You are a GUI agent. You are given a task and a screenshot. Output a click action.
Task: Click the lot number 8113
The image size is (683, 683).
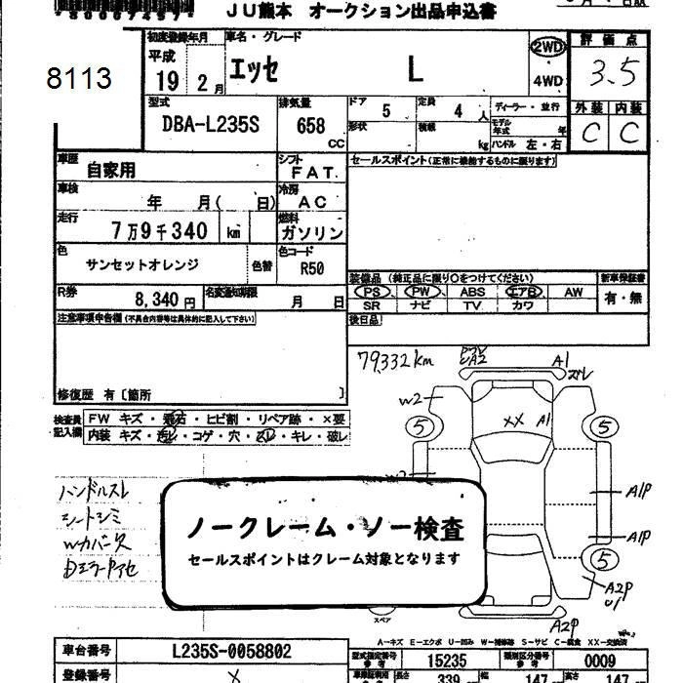point(79,79)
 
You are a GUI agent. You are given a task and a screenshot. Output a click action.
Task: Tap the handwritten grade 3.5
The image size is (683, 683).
point(614,72)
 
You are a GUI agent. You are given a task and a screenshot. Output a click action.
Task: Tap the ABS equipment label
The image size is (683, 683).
point(473,292)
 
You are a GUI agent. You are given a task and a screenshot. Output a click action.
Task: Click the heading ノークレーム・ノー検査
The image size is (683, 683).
point(324,529)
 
